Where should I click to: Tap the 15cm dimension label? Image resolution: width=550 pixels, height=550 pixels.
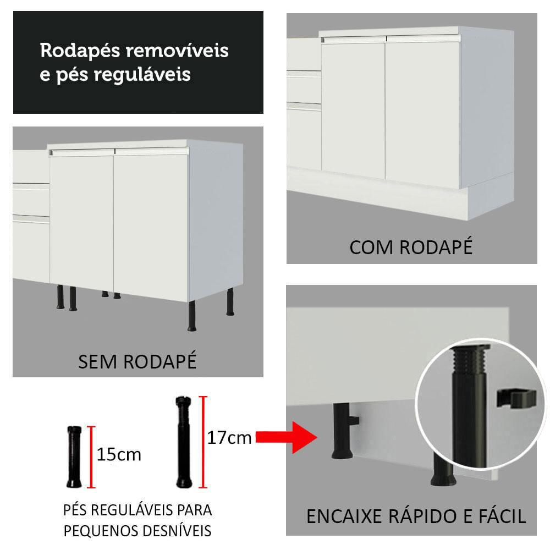[119, 455]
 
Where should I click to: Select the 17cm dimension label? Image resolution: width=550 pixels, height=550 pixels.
[229, 438]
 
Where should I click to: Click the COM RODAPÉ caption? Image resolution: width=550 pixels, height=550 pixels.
[411, 247]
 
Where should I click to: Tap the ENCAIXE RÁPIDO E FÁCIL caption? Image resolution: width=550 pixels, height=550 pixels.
[416, 516]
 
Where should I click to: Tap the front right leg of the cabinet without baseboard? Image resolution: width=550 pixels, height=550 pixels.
[192, 316]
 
